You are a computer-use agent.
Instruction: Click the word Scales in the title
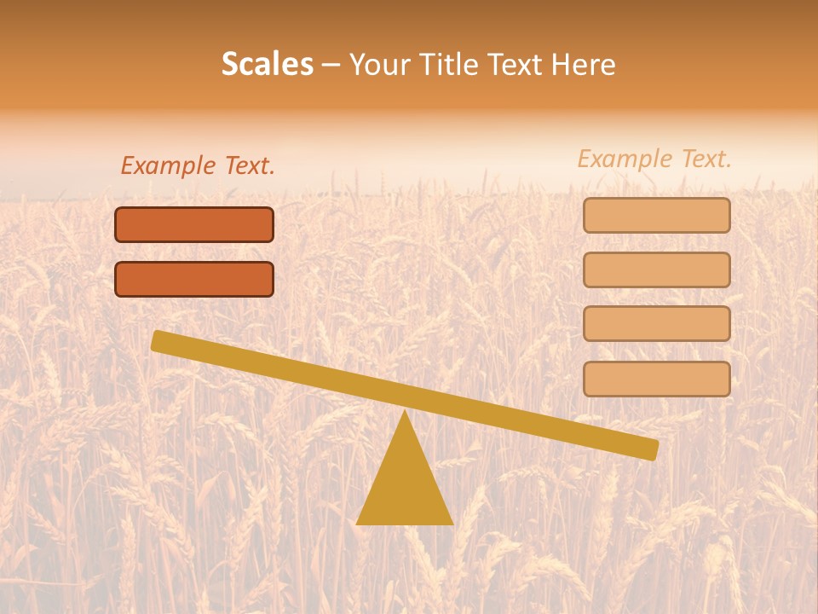click(267, 64)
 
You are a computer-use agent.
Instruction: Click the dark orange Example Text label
click(198, 165)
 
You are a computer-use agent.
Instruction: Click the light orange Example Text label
click(654, 159)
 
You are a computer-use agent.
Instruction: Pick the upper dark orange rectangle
click(194, 225)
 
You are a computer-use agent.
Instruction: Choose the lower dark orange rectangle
click(194, 279)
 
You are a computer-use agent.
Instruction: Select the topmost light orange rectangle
click(656, 216)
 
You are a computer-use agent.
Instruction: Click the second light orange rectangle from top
click(656, 269)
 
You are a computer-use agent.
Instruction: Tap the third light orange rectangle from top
click(656, 323)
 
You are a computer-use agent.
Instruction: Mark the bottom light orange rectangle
click(656, 379)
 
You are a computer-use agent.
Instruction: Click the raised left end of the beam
click(158, 340)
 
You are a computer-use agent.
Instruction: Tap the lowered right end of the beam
click(652, 449)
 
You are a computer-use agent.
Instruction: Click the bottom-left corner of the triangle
click(358, 523)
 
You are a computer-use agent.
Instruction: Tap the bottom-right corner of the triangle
click(452, 523)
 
